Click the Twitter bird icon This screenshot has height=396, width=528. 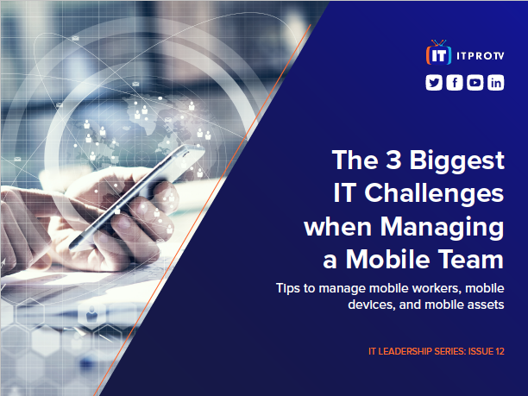tap(434, 83)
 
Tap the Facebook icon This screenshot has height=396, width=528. tap(455, 83)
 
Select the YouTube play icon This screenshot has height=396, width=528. tap(475, 83)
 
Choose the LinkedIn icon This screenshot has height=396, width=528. tap(496, 83)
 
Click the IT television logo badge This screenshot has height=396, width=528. tap(439, 53)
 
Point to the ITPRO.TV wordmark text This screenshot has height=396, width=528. tap(481, 56)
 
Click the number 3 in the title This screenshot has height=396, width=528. tap(393, 160)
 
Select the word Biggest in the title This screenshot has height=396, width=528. tap(457, 161)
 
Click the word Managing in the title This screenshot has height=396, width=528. tap(442, 228)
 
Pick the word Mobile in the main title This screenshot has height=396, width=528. tap(388, 260)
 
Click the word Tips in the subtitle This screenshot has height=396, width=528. tap(288, 289)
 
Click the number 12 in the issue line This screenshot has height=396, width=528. tap(500, 351)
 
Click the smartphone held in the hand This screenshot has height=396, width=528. tap(136, 197)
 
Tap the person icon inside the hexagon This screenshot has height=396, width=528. tap(91, 314)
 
